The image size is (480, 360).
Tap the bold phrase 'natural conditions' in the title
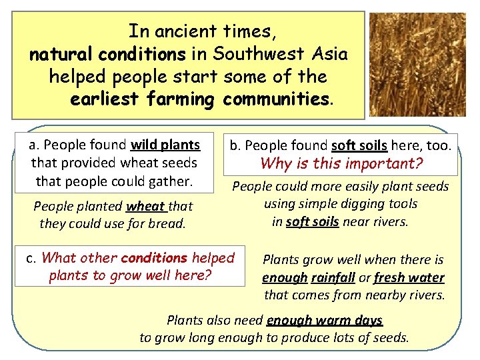pos(107,54)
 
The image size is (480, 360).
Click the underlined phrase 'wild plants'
pos(165,145)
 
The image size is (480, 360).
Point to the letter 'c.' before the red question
pos(31,258)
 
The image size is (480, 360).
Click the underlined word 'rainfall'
pos(332,278)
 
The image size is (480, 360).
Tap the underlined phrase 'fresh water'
pos(409,278)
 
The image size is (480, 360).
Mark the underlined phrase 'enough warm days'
pos(325,321)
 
